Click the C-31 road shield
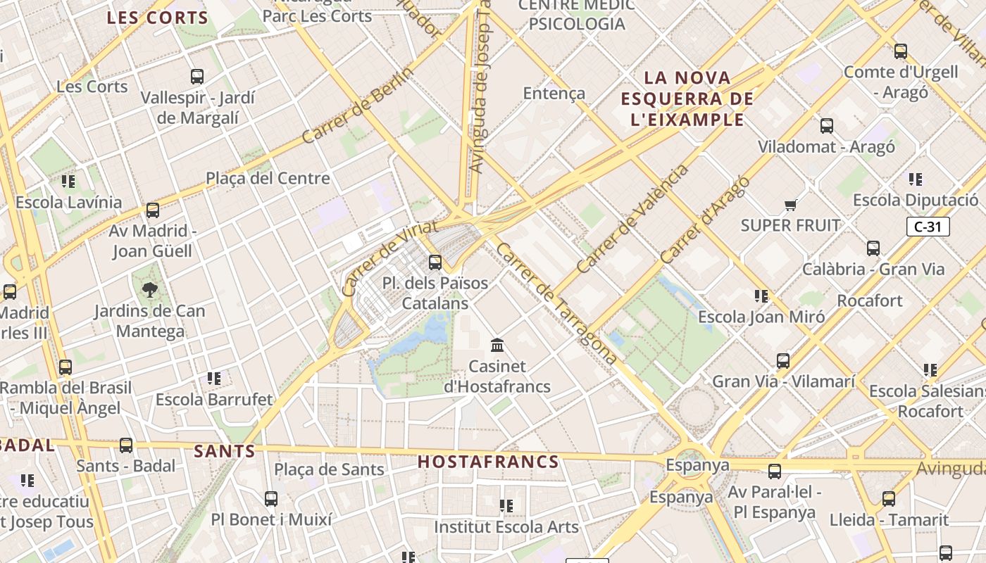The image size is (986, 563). tap(928, 227)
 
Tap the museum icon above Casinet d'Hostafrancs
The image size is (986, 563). tap(498, 345)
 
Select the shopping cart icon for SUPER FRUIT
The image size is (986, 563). tap(790, 205)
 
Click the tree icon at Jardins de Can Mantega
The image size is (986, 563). tap(149, 289)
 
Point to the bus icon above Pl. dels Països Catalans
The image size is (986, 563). tap(435, 262)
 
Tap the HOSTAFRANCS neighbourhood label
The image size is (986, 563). tap(488, 462)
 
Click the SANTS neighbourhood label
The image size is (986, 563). tap(224, 451)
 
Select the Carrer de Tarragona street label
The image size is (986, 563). tap(556, 304)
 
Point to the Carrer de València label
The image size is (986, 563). tap(632, 220)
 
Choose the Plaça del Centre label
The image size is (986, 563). tap(268, 178)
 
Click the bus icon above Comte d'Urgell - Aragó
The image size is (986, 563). tap(900, 51)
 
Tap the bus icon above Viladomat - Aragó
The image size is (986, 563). tap(826, 126)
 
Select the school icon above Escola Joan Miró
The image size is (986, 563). tap(761, 296)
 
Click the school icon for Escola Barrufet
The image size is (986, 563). tap(214, 379)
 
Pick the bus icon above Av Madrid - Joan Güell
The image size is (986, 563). tap(152, 210)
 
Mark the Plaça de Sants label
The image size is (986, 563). tap(329, 469)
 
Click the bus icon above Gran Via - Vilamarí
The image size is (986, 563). tap(782, 361)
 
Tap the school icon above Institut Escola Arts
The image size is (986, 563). tap(506, 506)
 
